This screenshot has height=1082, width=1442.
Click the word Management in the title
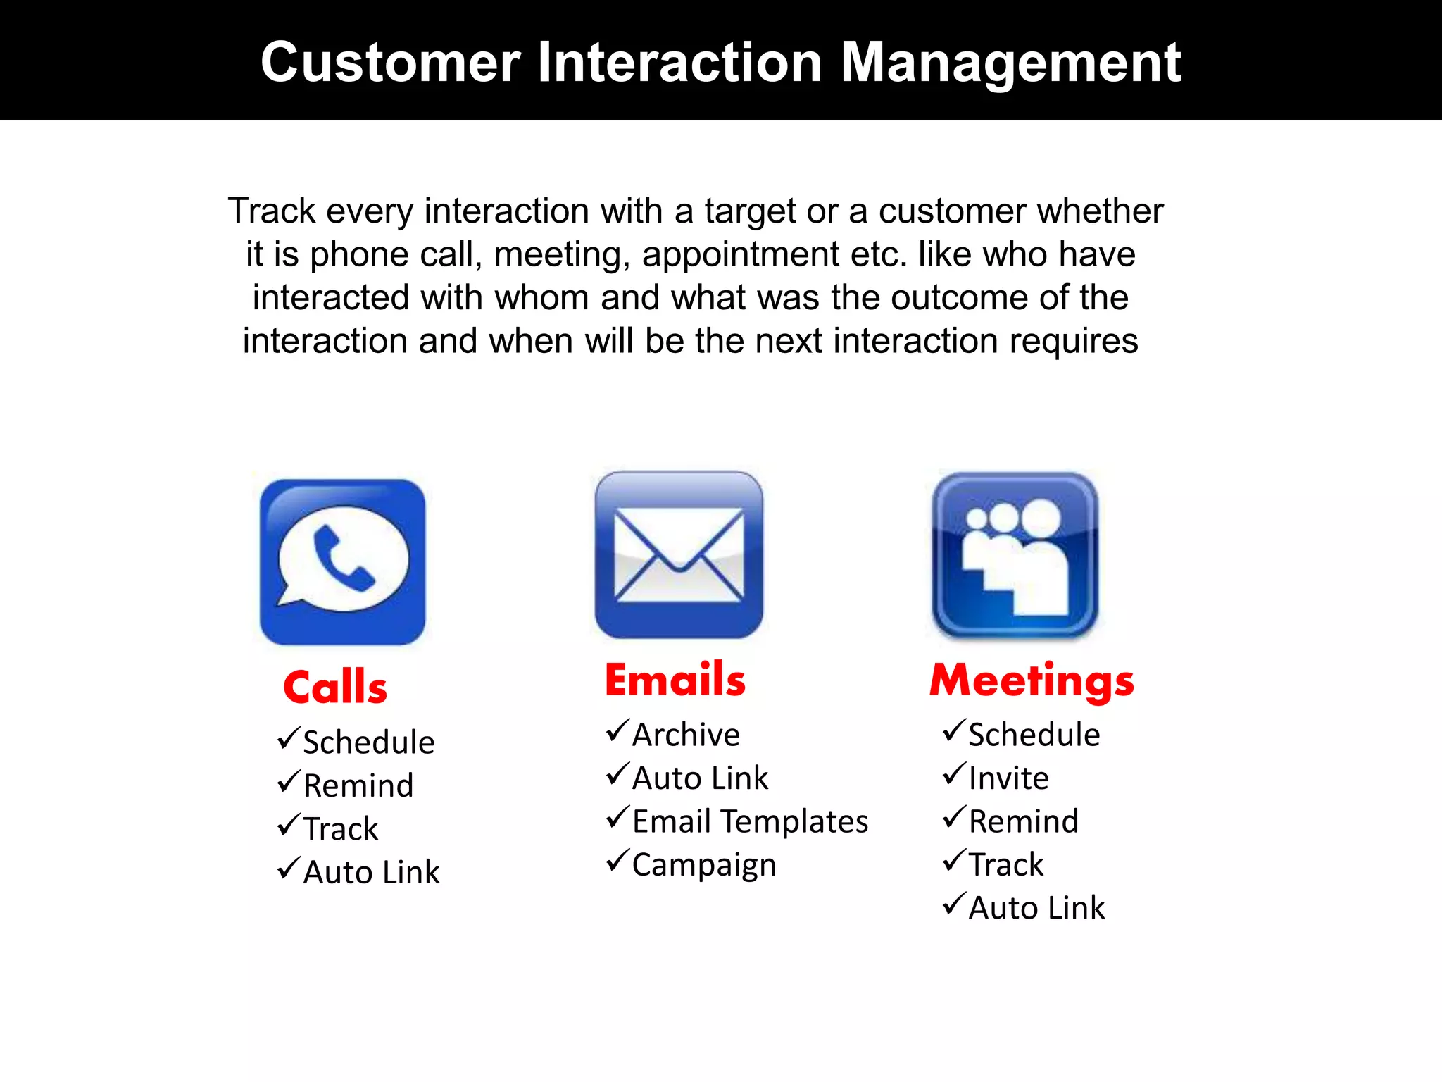[x=1010, y=63]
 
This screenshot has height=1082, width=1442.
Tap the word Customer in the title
[x=390, y=63]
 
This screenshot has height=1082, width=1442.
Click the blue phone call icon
[x=342, y=562]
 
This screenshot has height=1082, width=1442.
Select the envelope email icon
[x=679, y=555]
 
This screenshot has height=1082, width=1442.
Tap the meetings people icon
[x=1015, y=555]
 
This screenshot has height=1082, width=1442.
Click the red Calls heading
[x=335, y=688]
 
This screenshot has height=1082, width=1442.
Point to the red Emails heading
[x=675, y=680]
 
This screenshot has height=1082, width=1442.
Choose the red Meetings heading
[x=1032, y=680]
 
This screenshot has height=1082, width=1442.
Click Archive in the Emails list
[x=686, y=735]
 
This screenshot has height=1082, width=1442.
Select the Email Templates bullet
[x=750, y=821]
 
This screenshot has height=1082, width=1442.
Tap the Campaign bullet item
[x=704, y=865]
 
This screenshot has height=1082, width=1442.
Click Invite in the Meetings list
[x=1008, y=778]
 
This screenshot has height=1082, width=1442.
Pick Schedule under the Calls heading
[x=368, y=742]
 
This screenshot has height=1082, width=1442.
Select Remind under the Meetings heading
[x=1023, y=821]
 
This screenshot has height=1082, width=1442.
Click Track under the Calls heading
[x=341, y=829]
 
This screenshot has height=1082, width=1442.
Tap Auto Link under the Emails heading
[x=700, y=778]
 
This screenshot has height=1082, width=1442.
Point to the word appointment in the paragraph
[x=740, y=254]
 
